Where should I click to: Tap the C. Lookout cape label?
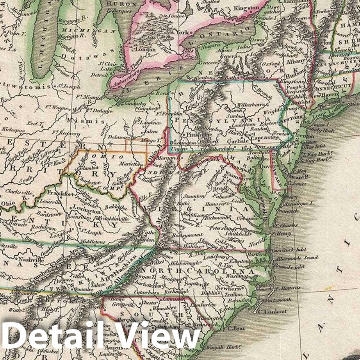(x=273, y=311)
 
